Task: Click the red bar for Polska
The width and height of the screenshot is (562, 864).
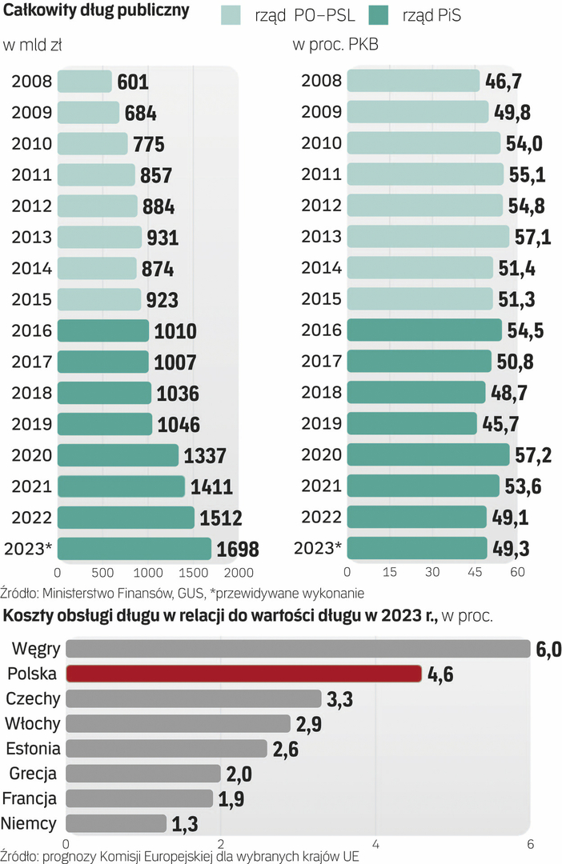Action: tap(243, 673)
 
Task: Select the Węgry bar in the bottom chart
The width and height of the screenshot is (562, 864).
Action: tap(298, 648)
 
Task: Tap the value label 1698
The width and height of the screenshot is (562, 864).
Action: tap(238, 549)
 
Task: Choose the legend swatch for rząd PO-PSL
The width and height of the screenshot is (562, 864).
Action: tap(232, 14)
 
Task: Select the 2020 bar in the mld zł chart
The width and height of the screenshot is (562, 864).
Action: tap(118, 455)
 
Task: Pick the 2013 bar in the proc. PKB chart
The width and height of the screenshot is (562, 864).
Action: tap(428, 237)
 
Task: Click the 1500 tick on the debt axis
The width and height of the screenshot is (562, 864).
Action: tap(189, 573)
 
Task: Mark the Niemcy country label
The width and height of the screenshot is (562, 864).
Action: tap(29, 822)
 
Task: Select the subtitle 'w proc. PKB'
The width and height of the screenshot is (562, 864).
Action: tap(335, 46)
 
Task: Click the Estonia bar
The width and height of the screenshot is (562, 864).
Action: tap(166, 748)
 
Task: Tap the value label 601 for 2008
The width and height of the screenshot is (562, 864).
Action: tap(133, 82)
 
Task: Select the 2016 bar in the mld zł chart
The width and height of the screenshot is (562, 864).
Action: tap(103, 330)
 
